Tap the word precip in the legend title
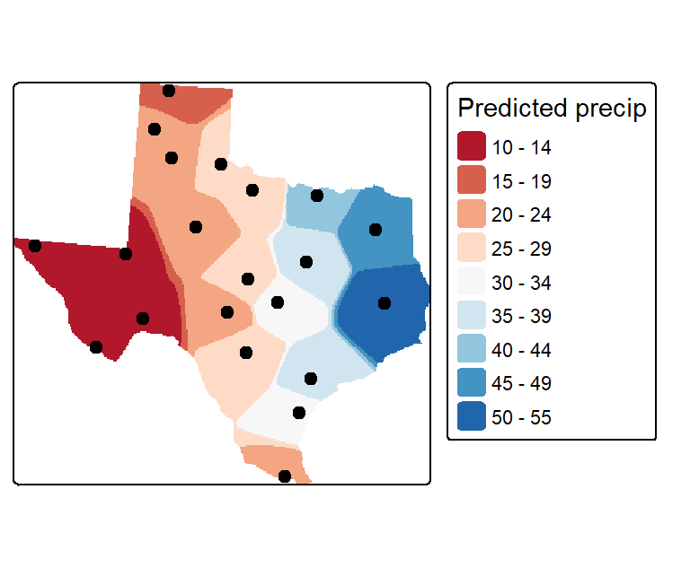point(611,109)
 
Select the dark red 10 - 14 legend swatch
point(472,146)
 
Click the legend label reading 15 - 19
point(521,181)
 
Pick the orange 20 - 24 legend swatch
point(472,214)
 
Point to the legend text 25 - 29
point(521,249)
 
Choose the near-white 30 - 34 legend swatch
point(472,281)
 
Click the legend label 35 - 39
point(521,316)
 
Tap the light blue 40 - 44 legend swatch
point(472,349)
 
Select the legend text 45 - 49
point(521,383)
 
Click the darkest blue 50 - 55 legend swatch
point(472,415)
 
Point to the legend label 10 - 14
point(521,147)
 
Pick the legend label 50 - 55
point(521,417)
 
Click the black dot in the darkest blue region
point(385,303)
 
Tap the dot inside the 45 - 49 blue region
point(375,230)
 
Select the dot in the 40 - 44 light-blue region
point(317,196)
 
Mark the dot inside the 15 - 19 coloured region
point(169,91)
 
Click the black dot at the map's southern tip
point(285,476)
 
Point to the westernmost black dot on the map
point(35,246)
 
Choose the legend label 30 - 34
point(521,283)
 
